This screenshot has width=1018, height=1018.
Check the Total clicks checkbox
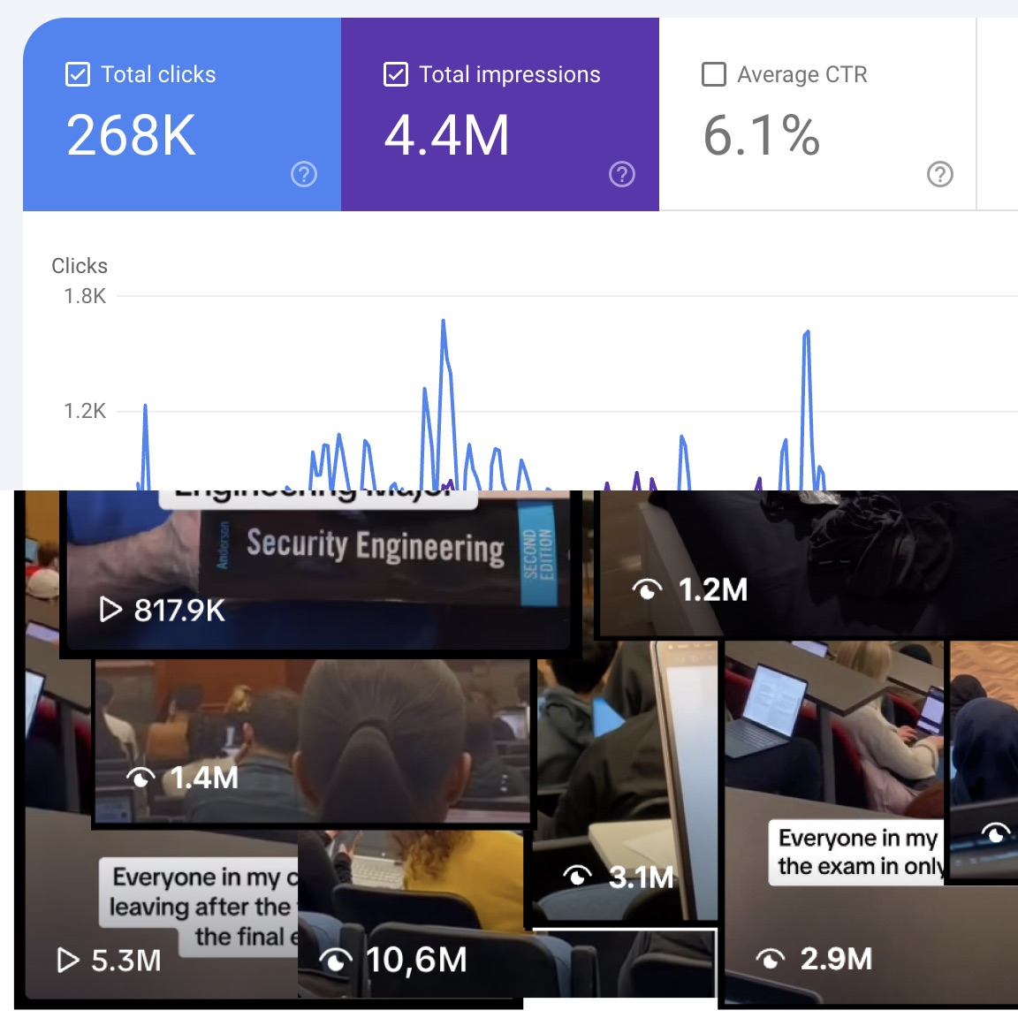(78, 74)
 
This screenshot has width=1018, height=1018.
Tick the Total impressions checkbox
(396, 74)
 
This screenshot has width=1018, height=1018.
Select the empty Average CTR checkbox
(713, 74)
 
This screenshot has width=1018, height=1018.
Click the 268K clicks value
(131, 136)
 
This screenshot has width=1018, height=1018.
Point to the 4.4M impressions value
(446, 136)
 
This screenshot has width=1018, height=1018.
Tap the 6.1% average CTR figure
(761, 136)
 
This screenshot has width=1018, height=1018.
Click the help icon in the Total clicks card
(304, 174)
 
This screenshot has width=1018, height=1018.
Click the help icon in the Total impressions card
(622, 174)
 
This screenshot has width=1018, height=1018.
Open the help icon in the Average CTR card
(939, 174)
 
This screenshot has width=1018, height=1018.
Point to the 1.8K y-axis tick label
(85, 296)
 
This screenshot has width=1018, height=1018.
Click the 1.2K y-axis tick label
(85, 411)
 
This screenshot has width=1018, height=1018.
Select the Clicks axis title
(80, 266)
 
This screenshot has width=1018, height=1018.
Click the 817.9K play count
(179, 610)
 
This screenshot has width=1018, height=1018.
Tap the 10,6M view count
(415, 960)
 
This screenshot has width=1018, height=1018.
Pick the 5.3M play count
(125, 961)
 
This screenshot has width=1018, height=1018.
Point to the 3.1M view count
(641, 877)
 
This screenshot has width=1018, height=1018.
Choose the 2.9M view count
(835, 959)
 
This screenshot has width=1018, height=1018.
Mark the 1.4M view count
(204, 778)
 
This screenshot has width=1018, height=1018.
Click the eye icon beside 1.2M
(648, 589)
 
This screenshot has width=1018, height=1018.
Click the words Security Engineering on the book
(375, 546)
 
